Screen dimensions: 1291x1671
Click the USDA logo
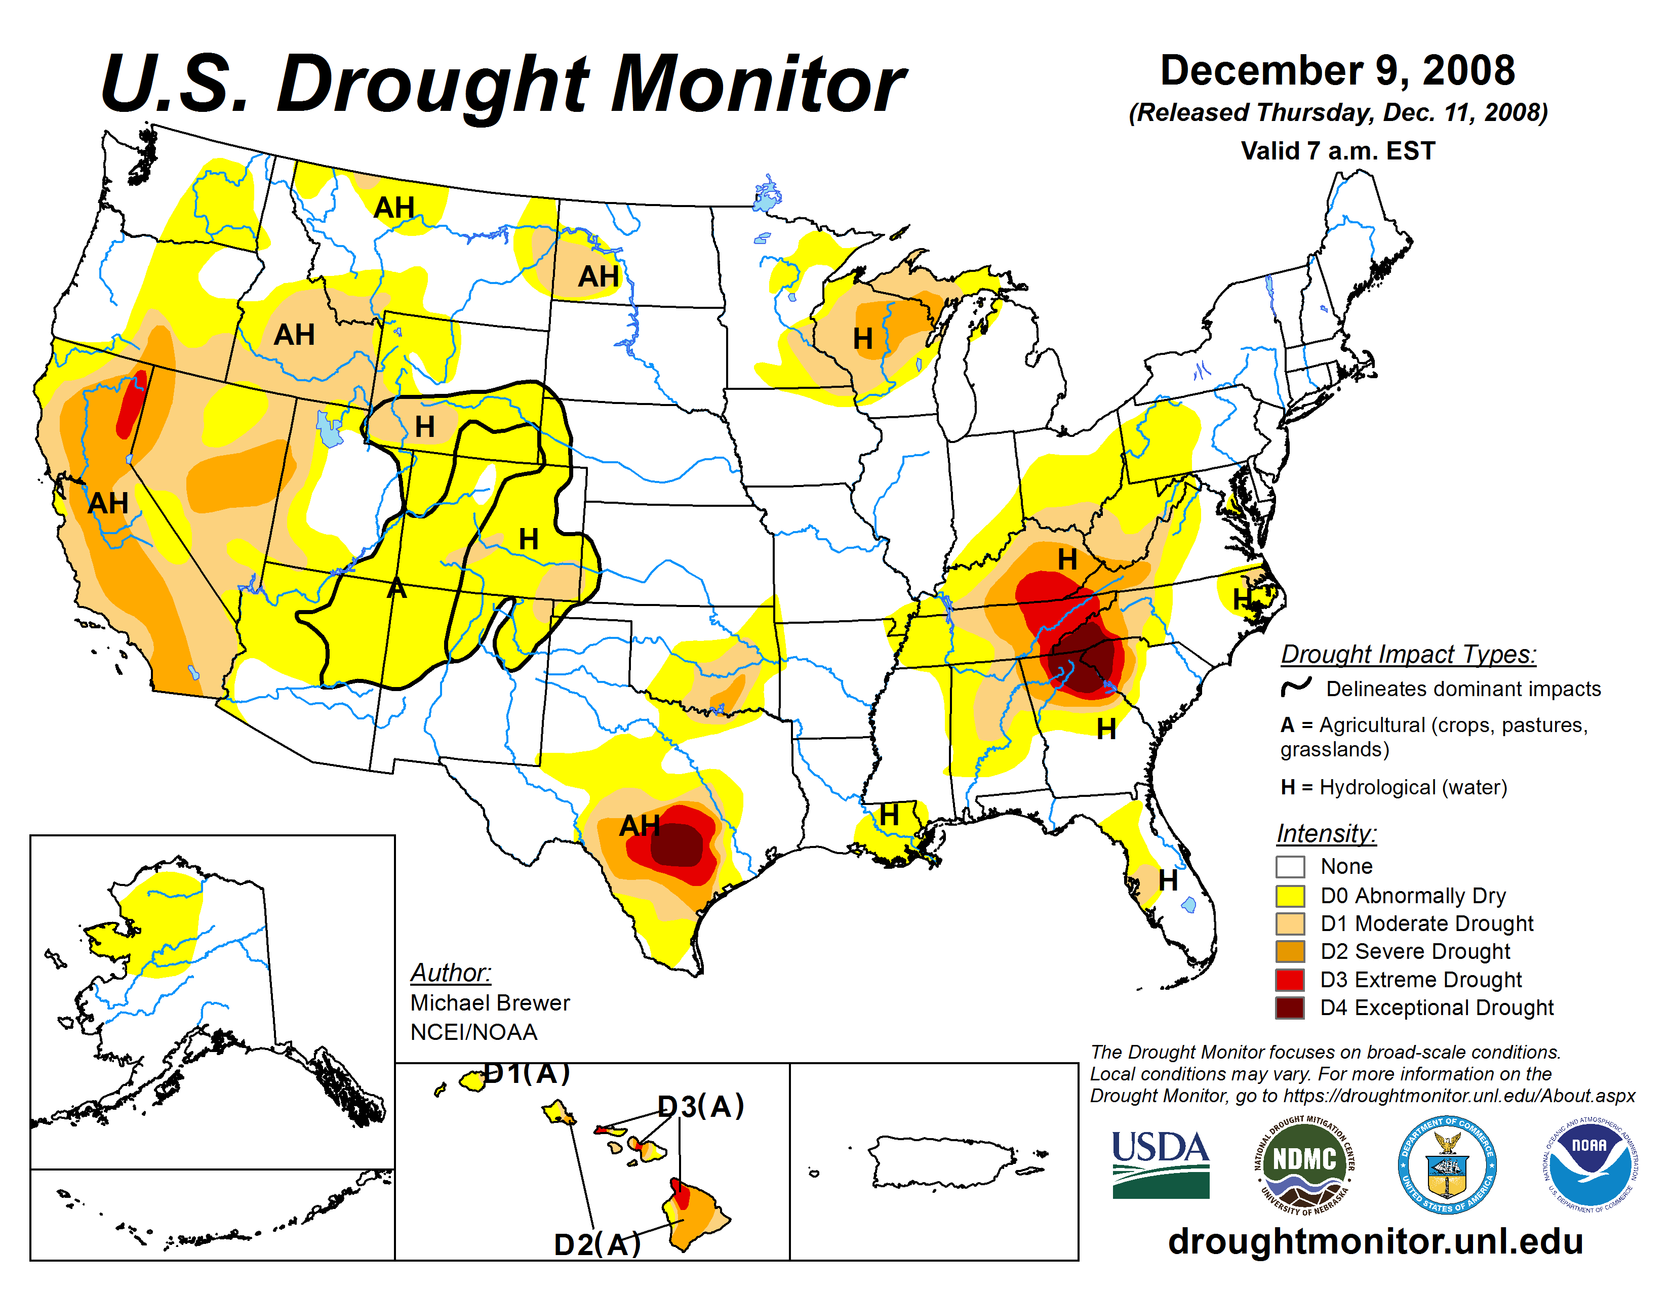(1160, 1164)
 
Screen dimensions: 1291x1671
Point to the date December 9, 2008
(1337, 70)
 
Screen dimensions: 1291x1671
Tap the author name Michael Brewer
(490, 1002)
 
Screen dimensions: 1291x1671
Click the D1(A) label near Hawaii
(527, 1074)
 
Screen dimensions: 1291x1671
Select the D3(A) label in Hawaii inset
(701, 1106)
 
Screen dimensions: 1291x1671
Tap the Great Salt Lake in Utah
(329, 430)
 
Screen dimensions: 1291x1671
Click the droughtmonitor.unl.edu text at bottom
(1375, 1240)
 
